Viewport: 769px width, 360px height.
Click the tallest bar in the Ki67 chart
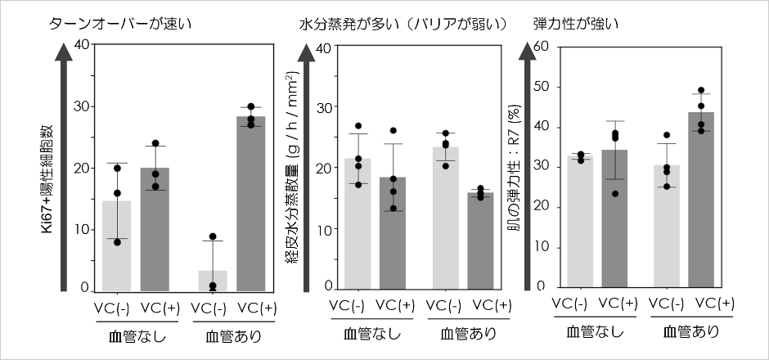click(250, 205)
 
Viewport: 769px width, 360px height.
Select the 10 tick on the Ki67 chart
click(80, 230)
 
